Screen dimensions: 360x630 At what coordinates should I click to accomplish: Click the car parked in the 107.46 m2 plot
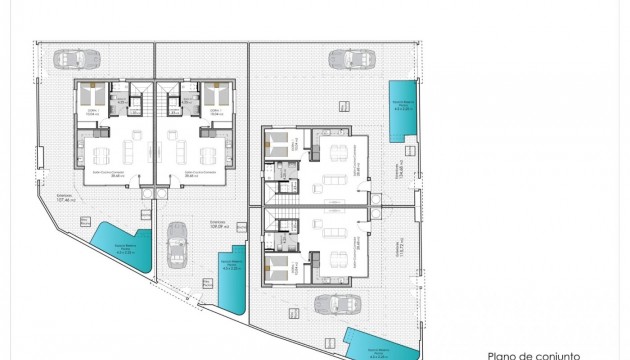[x=72, y=57]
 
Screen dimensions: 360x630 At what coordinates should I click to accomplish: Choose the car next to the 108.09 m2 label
[x=177, y=244]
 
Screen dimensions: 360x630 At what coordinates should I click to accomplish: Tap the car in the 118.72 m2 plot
[x=330, y=303]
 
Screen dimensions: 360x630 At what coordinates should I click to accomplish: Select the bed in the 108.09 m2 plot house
[x=217, y=98]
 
